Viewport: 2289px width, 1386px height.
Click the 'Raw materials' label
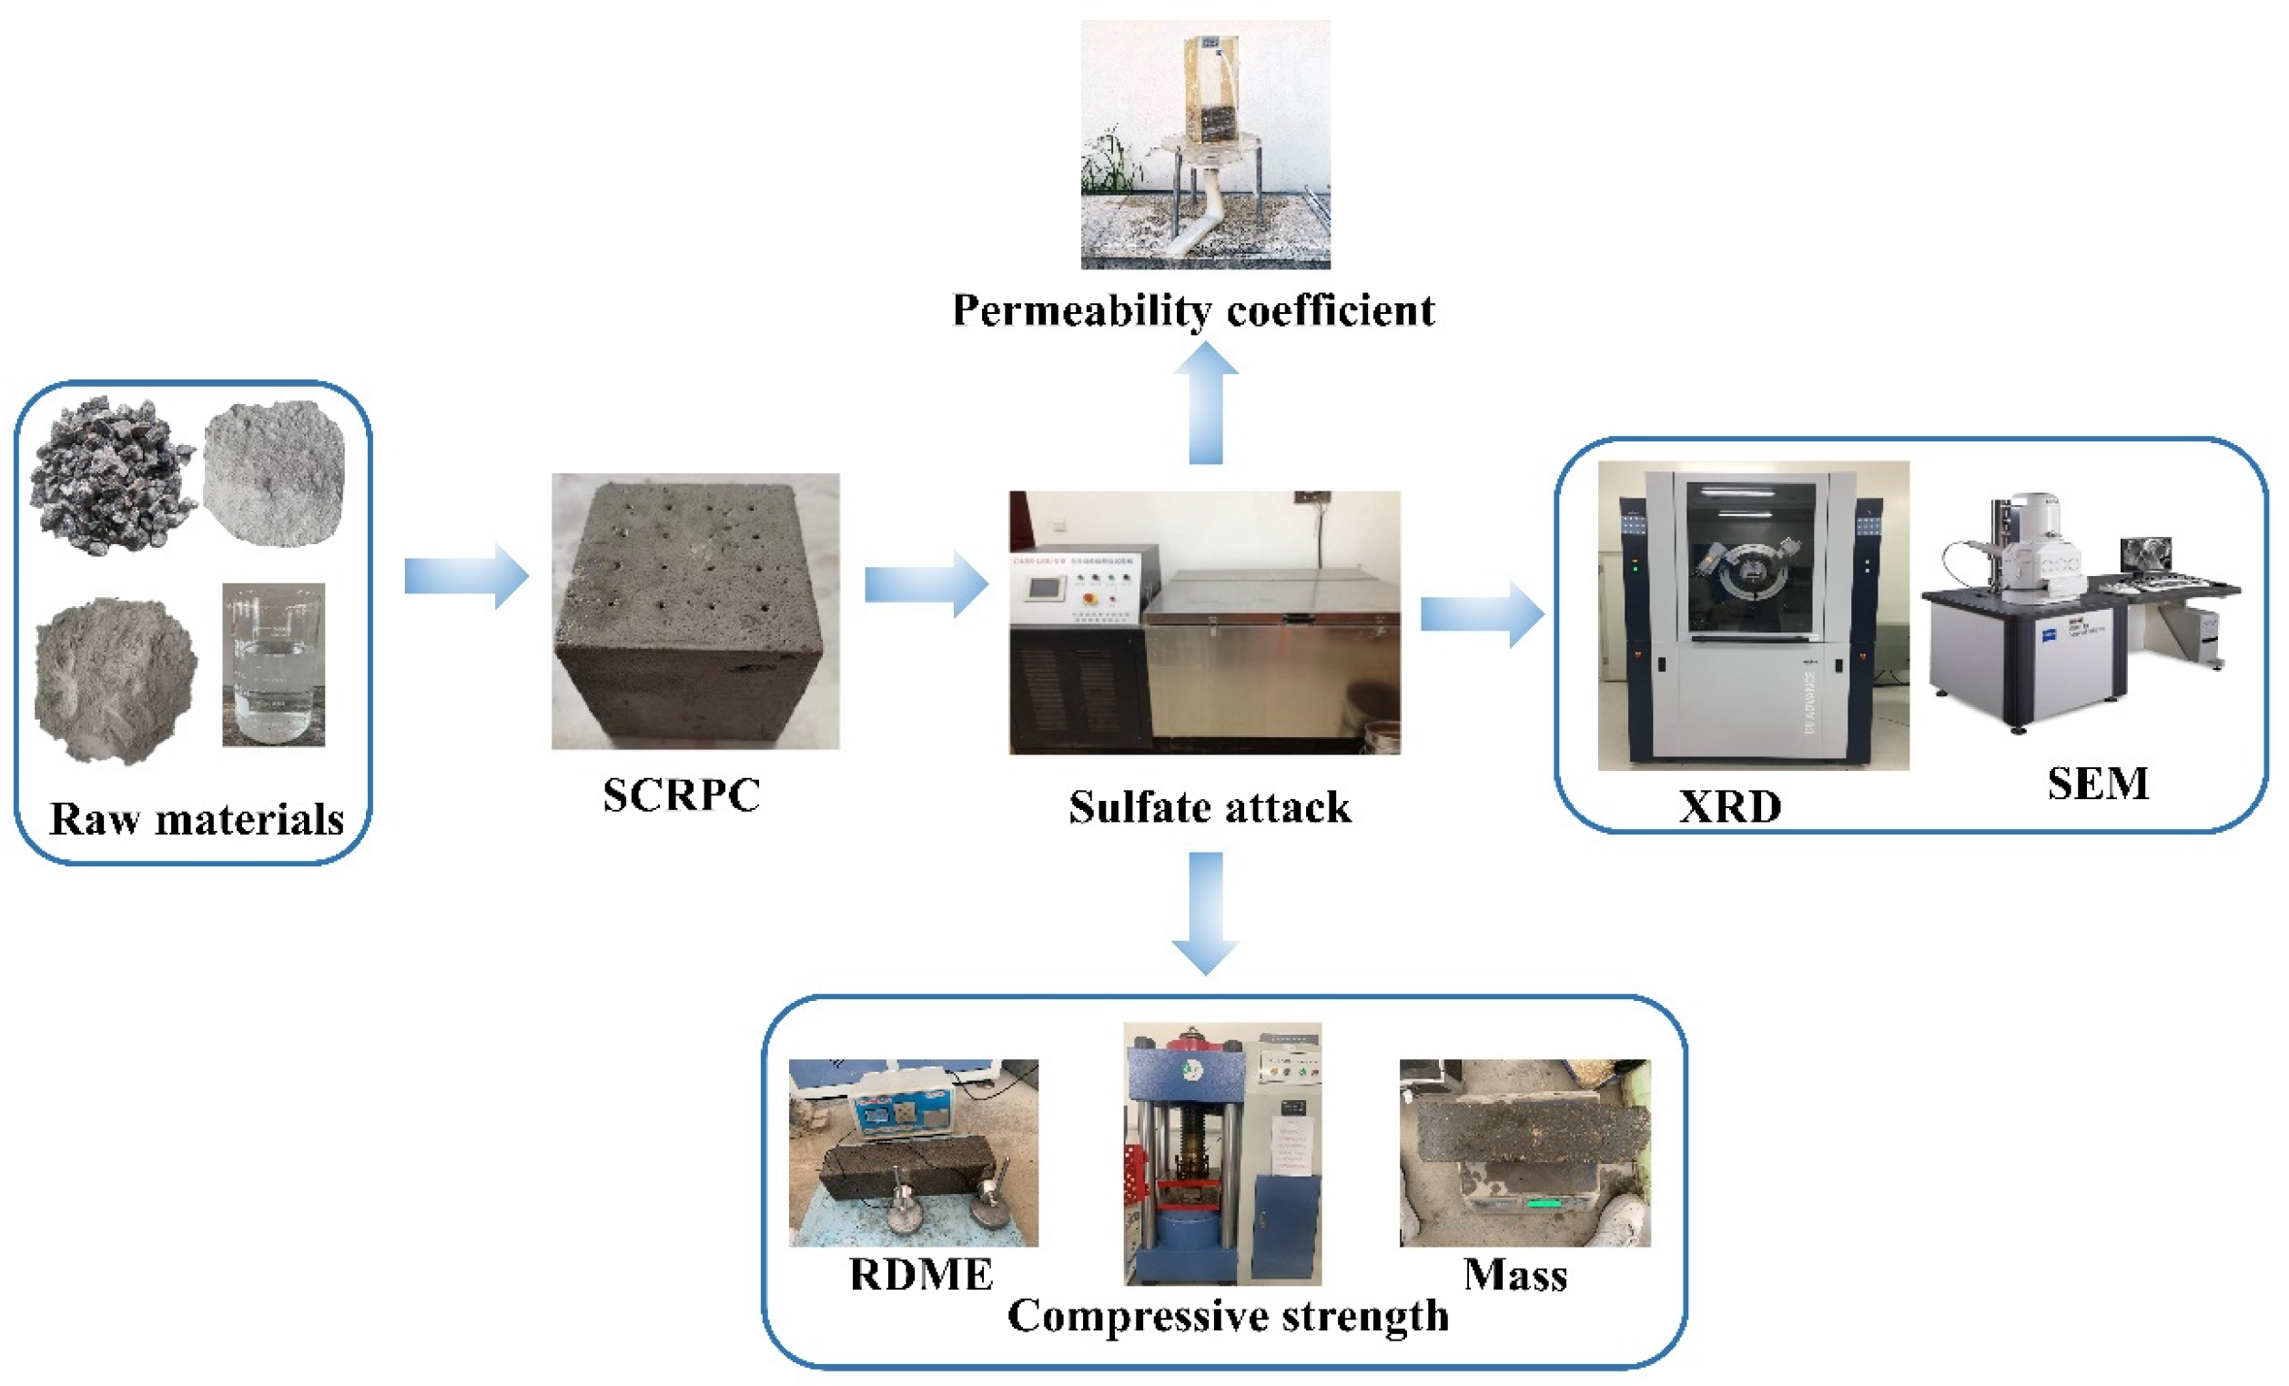(x=196, y=819)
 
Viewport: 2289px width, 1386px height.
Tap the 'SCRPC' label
(x=681, y=795)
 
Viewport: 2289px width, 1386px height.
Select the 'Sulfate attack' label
(x=1209, y=806)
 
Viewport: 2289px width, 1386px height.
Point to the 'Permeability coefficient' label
(x=1193, y=310)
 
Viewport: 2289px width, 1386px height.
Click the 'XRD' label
(x=1730, y=806)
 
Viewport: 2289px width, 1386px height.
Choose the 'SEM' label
(x=2097, y=784)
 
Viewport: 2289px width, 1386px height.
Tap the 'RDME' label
(x=921, y=1275)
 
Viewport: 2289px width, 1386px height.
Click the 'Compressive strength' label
(x=1227, y=1316)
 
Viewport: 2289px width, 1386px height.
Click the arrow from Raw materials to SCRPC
(x=466, y=577)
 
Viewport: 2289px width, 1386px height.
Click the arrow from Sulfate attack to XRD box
(x=1482, y=614)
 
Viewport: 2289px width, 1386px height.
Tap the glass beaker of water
(x=273, y=665)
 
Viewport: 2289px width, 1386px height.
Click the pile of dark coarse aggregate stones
(x=111, y=476)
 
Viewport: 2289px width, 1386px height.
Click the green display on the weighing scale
(x=1544, y=1205)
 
